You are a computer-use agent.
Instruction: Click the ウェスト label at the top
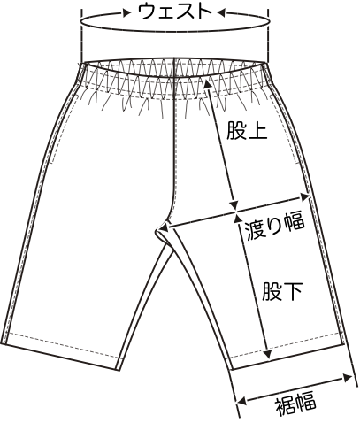pos(175,12)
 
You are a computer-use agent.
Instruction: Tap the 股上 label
pos(247,130)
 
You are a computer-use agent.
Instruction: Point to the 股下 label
pos(282,291)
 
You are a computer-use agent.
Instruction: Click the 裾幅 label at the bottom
pos(295,403)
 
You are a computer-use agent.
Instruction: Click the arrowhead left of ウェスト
pos(127,12)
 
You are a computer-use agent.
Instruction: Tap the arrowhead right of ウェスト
pos(221,12)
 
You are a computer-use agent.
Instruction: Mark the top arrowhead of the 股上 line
pos(207,83)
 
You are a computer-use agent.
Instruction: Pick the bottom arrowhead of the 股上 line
pos(234,205)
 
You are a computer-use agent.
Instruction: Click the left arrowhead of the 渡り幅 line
pos(164,227)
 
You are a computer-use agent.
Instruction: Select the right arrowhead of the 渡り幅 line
pos(305,196)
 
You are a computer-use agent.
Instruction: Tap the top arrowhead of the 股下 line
pos(237,219)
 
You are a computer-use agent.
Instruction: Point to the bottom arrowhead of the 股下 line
pos(268,354)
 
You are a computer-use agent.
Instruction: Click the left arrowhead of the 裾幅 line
pos(241,401)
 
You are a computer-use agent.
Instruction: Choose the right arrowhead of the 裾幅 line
pos(348,378)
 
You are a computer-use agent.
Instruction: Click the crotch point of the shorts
pos(157,229)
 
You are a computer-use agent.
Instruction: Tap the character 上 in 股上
pos(257,130)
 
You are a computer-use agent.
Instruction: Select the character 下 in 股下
pos(293,291)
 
